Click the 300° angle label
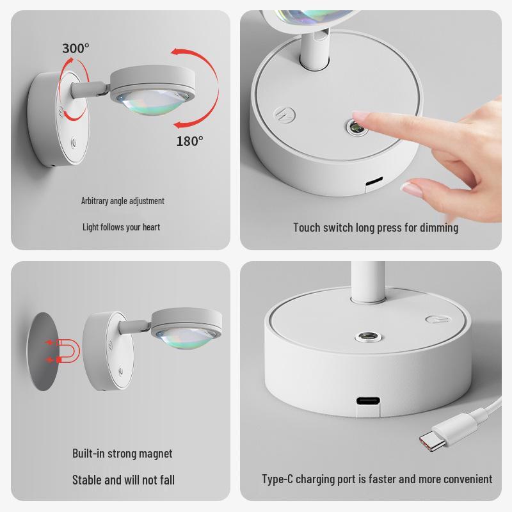76,48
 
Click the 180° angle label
189,141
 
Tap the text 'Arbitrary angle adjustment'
123,201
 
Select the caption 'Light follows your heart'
121,227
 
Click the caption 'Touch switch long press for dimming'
376,227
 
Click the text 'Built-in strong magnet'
122,453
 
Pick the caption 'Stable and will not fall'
123,479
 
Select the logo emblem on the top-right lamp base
282,116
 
